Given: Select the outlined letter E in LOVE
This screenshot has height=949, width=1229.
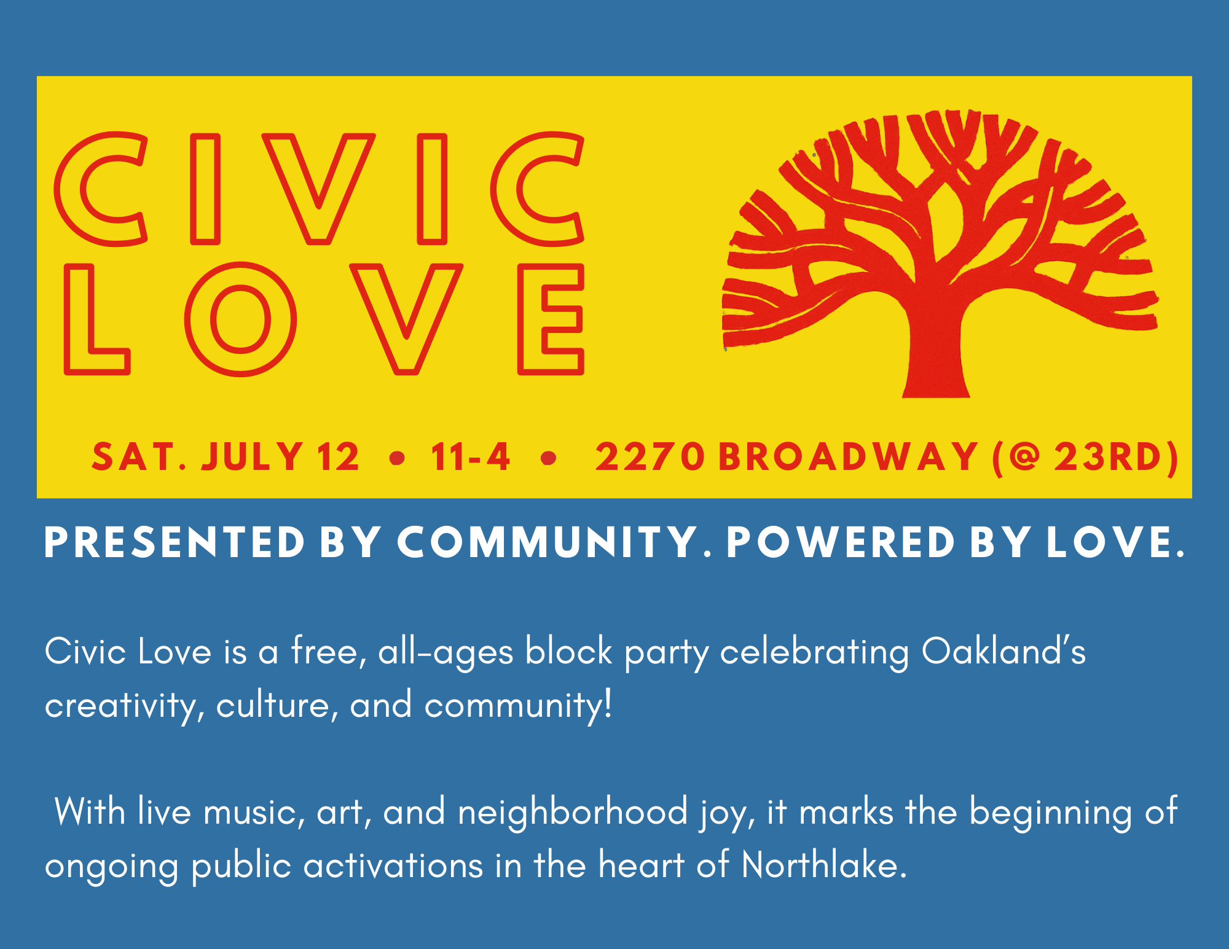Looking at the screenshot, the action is [530, 319].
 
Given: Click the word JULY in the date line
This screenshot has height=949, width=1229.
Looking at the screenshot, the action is [252, 457].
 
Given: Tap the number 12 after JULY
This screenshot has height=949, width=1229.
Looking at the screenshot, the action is [338, 457].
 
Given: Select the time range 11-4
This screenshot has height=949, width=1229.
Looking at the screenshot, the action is [471, 457].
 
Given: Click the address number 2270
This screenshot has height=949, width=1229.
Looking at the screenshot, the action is [650, 457].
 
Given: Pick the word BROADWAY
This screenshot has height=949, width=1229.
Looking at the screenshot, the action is [848, 457].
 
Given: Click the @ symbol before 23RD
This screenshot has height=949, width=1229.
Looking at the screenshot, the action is [1025, 457].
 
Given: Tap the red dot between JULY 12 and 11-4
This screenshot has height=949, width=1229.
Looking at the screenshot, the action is [398, 458].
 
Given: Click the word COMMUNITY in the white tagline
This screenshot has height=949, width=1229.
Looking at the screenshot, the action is [548, 542].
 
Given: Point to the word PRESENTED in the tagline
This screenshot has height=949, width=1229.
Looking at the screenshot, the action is [175, 542].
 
